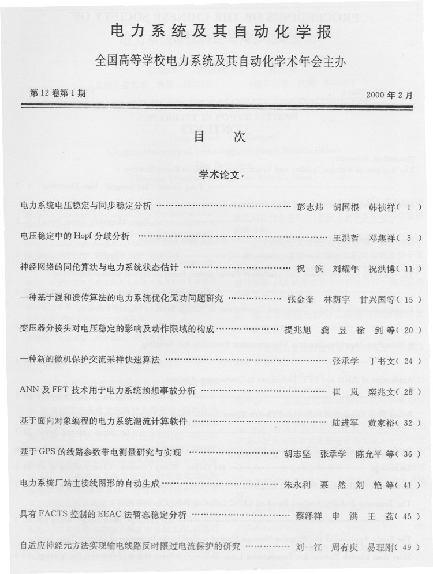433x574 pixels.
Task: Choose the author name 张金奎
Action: pos(301,299)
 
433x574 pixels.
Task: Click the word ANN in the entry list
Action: pos(29,391)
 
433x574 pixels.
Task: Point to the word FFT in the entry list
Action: pos(62,391)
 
